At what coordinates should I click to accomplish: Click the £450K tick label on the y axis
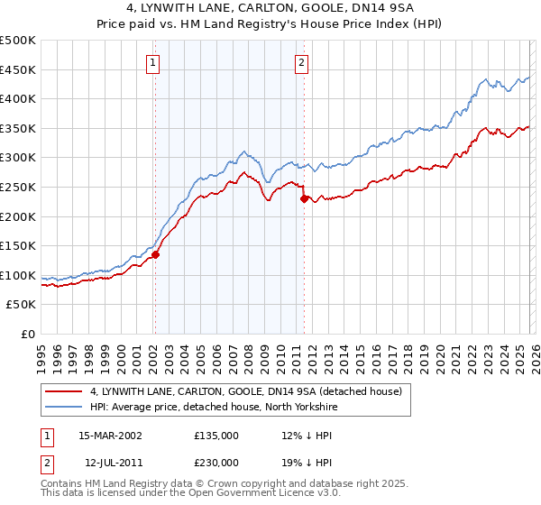click(x=18, y=69)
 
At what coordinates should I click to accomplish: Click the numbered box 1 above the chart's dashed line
click(x=154, y=63)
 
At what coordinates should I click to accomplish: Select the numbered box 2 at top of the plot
click(x=301, y=63)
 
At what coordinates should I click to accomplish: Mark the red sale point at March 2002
click(x=155, y=254)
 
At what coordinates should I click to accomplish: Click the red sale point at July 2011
click(x=304, y=198)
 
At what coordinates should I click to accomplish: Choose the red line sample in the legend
click(x=64, y=391)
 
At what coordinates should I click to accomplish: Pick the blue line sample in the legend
click(x=64, y=407)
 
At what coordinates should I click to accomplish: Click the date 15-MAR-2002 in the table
click(x=110, y=435)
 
